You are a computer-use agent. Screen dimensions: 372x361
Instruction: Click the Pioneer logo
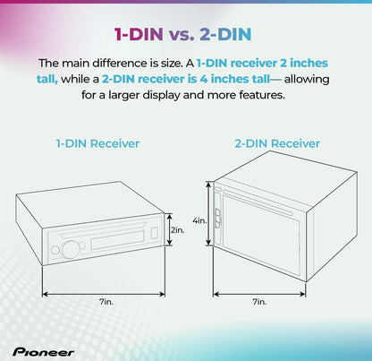43,352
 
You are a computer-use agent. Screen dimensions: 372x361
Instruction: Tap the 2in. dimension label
178,230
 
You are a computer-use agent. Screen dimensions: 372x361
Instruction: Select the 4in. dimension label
199,221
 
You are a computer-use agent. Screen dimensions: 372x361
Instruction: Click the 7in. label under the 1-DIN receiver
106,302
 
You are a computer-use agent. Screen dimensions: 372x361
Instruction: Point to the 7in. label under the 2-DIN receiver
259,302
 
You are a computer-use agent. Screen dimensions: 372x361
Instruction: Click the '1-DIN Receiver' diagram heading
97,143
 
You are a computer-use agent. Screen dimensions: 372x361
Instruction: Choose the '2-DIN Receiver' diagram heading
277,143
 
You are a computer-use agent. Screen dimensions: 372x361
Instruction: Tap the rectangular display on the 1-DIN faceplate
117,240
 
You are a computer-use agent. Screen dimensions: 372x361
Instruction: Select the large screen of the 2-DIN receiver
261,232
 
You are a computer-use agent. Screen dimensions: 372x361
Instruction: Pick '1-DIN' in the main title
139,34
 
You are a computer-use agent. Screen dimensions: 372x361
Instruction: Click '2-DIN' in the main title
225,34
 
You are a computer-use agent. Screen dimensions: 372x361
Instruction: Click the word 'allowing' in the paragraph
307,80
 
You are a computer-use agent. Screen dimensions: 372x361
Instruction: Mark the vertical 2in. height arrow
169,229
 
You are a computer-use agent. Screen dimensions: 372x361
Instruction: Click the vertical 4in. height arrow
209,214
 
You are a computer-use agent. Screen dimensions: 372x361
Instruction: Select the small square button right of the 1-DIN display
154,233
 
